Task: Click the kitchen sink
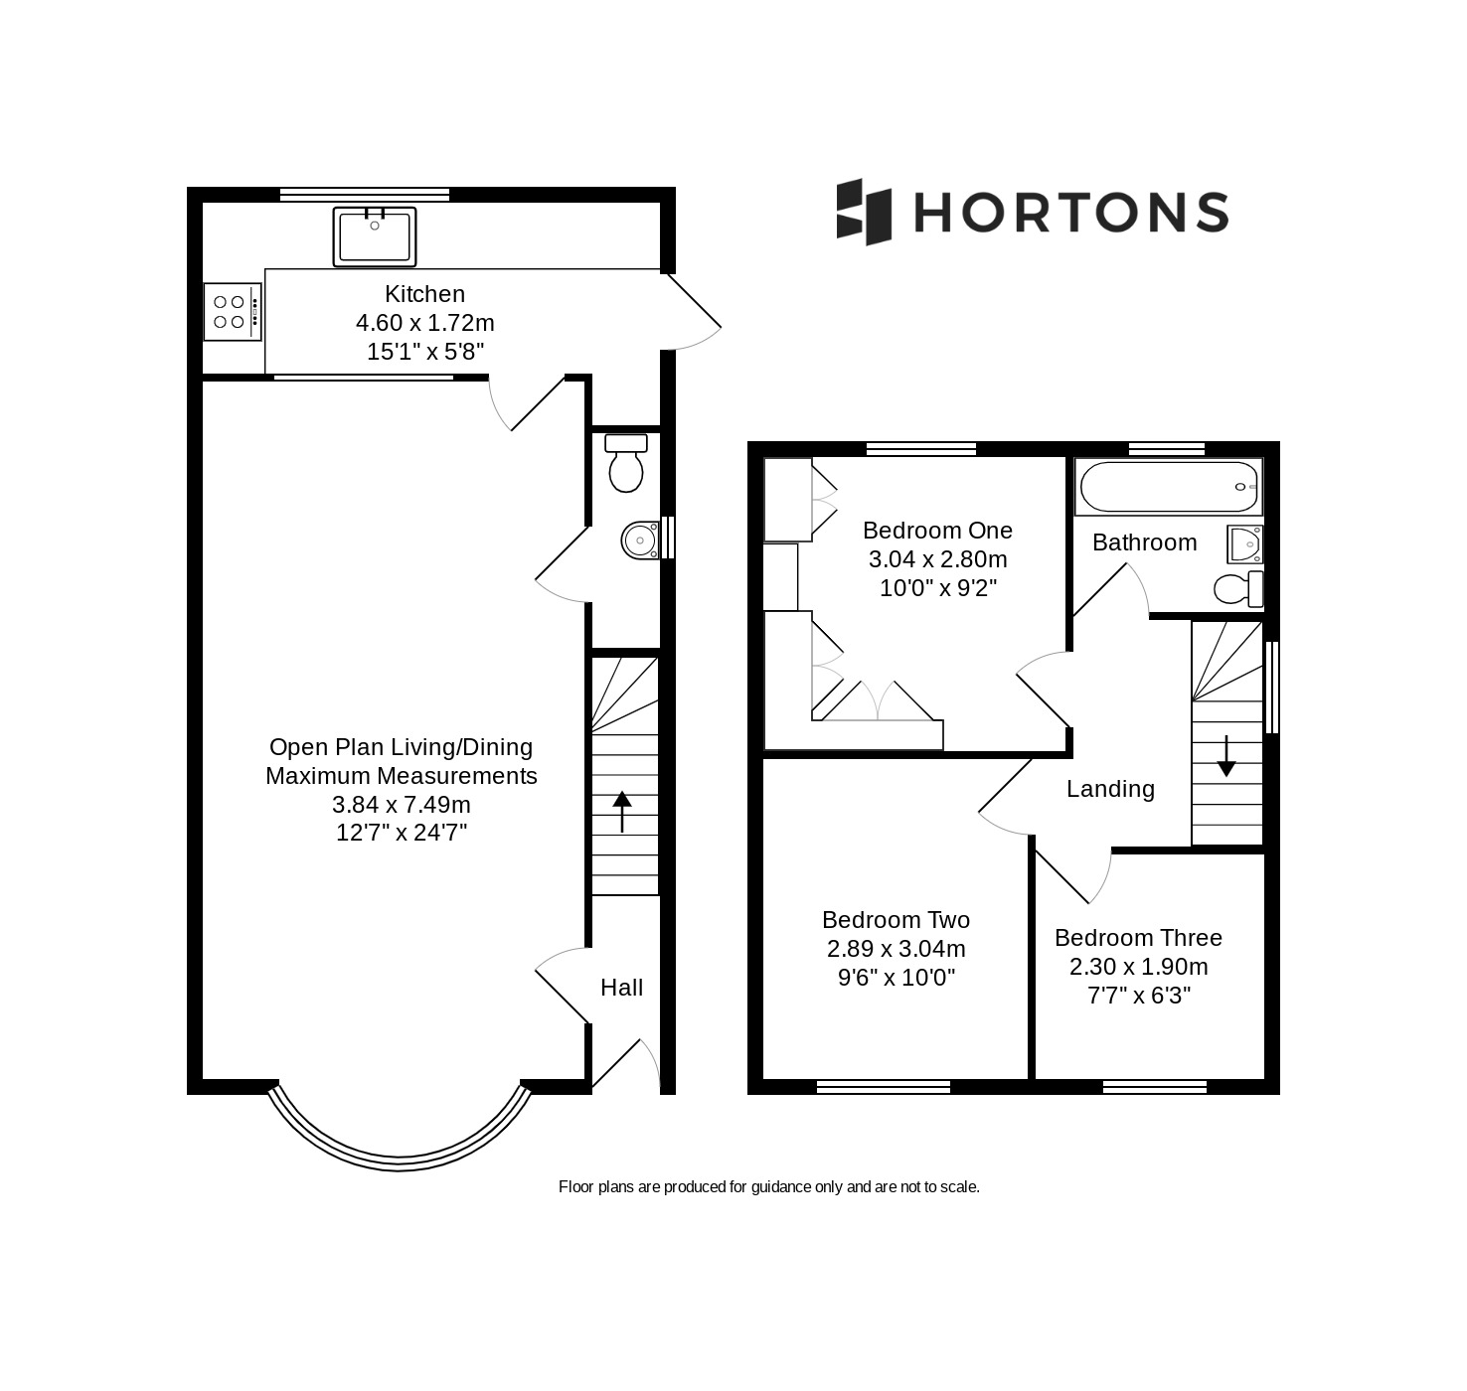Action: tap(374, 236)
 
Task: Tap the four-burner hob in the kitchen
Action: tap(232, 312)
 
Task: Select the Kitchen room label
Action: tap(424, 293)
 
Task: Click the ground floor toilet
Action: tap(626, 463)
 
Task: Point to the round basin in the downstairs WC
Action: tap(640, 540)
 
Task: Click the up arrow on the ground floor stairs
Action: tap(621, 811)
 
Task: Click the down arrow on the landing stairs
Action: tap(1226, 757)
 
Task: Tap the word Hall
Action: tap(621, 988)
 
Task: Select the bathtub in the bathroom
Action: tap(1169, 487)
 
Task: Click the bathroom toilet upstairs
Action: tap(1238, 589)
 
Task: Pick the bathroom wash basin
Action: tap(1244, 544)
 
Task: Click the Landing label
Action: tap(1110, 789)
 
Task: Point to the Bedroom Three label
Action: tap(1138, 937)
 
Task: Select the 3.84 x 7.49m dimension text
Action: tap(402, 805)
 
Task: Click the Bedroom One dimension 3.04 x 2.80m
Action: tap(938, 559)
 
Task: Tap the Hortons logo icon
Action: tap(864, 212)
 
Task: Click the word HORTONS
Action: tap(1070, 212)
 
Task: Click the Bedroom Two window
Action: tap(884, 1087)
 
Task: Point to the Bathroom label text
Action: tap(1145, 542)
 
